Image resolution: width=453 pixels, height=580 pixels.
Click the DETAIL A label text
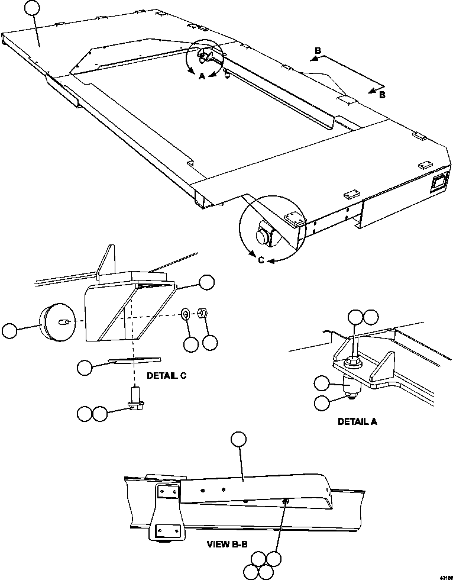357,422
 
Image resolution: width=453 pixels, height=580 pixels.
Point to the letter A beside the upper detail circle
202,76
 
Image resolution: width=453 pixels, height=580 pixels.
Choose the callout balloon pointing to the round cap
10,331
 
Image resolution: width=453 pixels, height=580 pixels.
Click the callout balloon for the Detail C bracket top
206,282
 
